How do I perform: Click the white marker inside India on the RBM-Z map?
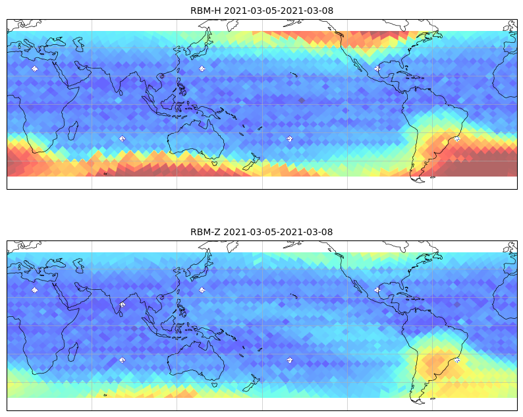pos(122,304)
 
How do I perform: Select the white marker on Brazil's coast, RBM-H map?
pos(457,139)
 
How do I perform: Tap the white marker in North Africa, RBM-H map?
pos(34,69)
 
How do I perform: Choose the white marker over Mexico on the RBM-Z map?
pos(377,290)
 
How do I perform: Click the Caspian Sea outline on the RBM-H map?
pos(78,44)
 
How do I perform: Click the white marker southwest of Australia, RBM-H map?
pos(122,139)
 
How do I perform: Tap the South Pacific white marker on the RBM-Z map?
pos(290,360)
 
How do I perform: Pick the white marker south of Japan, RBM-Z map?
pos(202,291)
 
